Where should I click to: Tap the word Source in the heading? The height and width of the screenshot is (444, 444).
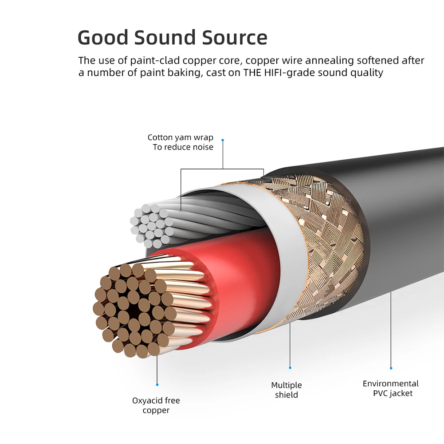(235, 38)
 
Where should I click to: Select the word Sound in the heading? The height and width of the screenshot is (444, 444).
(168, 38)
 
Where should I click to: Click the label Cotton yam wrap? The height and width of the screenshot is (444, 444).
(181, 138)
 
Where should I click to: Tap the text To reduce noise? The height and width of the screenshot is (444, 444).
(183, 147)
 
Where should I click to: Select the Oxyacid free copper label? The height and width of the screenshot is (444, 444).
(156, 405)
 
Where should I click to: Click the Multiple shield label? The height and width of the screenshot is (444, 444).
(287, 390)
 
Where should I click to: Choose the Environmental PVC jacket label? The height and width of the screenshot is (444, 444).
(391, 388)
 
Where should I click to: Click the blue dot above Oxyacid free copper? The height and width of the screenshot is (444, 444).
(157, 385)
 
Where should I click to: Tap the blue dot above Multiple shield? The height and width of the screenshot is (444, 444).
(290, 367)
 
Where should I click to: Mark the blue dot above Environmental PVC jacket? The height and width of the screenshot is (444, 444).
(391, 368)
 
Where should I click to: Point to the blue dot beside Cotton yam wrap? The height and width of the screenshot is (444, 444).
(223, 140)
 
